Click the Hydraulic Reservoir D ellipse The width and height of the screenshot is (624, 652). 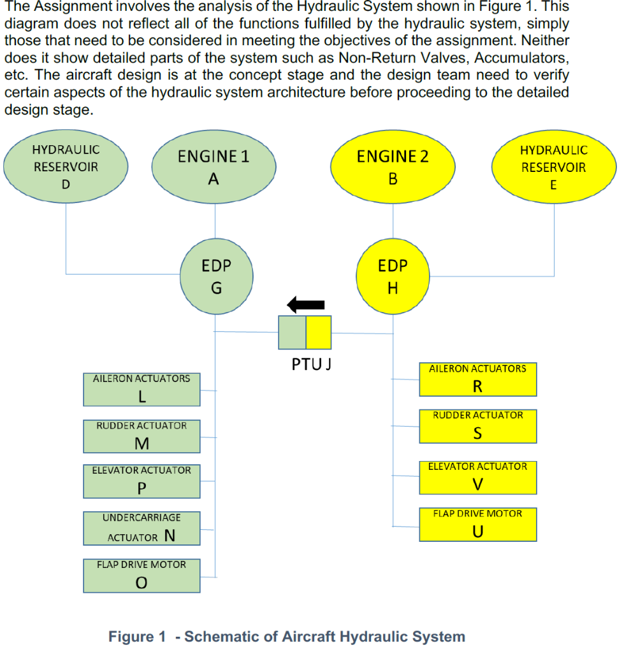pos(66,167)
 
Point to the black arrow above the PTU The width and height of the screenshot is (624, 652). pos(306,305)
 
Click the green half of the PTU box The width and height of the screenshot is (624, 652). pos(292,332)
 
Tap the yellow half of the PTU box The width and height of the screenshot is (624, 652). pos(319,332)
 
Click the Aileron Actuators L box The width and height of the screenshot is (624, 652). pos(141,389)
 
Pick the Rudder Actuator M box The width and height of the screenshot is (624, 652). pos(141,436)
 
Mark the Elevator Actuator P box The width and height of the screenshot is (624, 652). pos(141,481)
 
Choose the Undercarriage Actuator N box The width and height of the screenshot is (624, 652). pos(141,528)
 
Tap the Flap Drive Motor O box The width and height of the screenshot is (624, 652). pos(141,575)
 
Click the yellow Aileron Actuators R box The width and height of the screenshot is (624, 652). pos(478,379)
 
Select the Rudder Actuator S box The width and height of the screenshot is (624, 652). pos(478,426)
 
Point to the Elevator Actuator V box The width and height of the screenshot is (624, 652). pos(478,477)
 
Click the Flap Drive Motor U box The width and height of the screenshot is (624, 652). pos(478,524)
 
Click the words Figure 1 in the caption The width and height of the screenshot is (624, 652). pos(136,636)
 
